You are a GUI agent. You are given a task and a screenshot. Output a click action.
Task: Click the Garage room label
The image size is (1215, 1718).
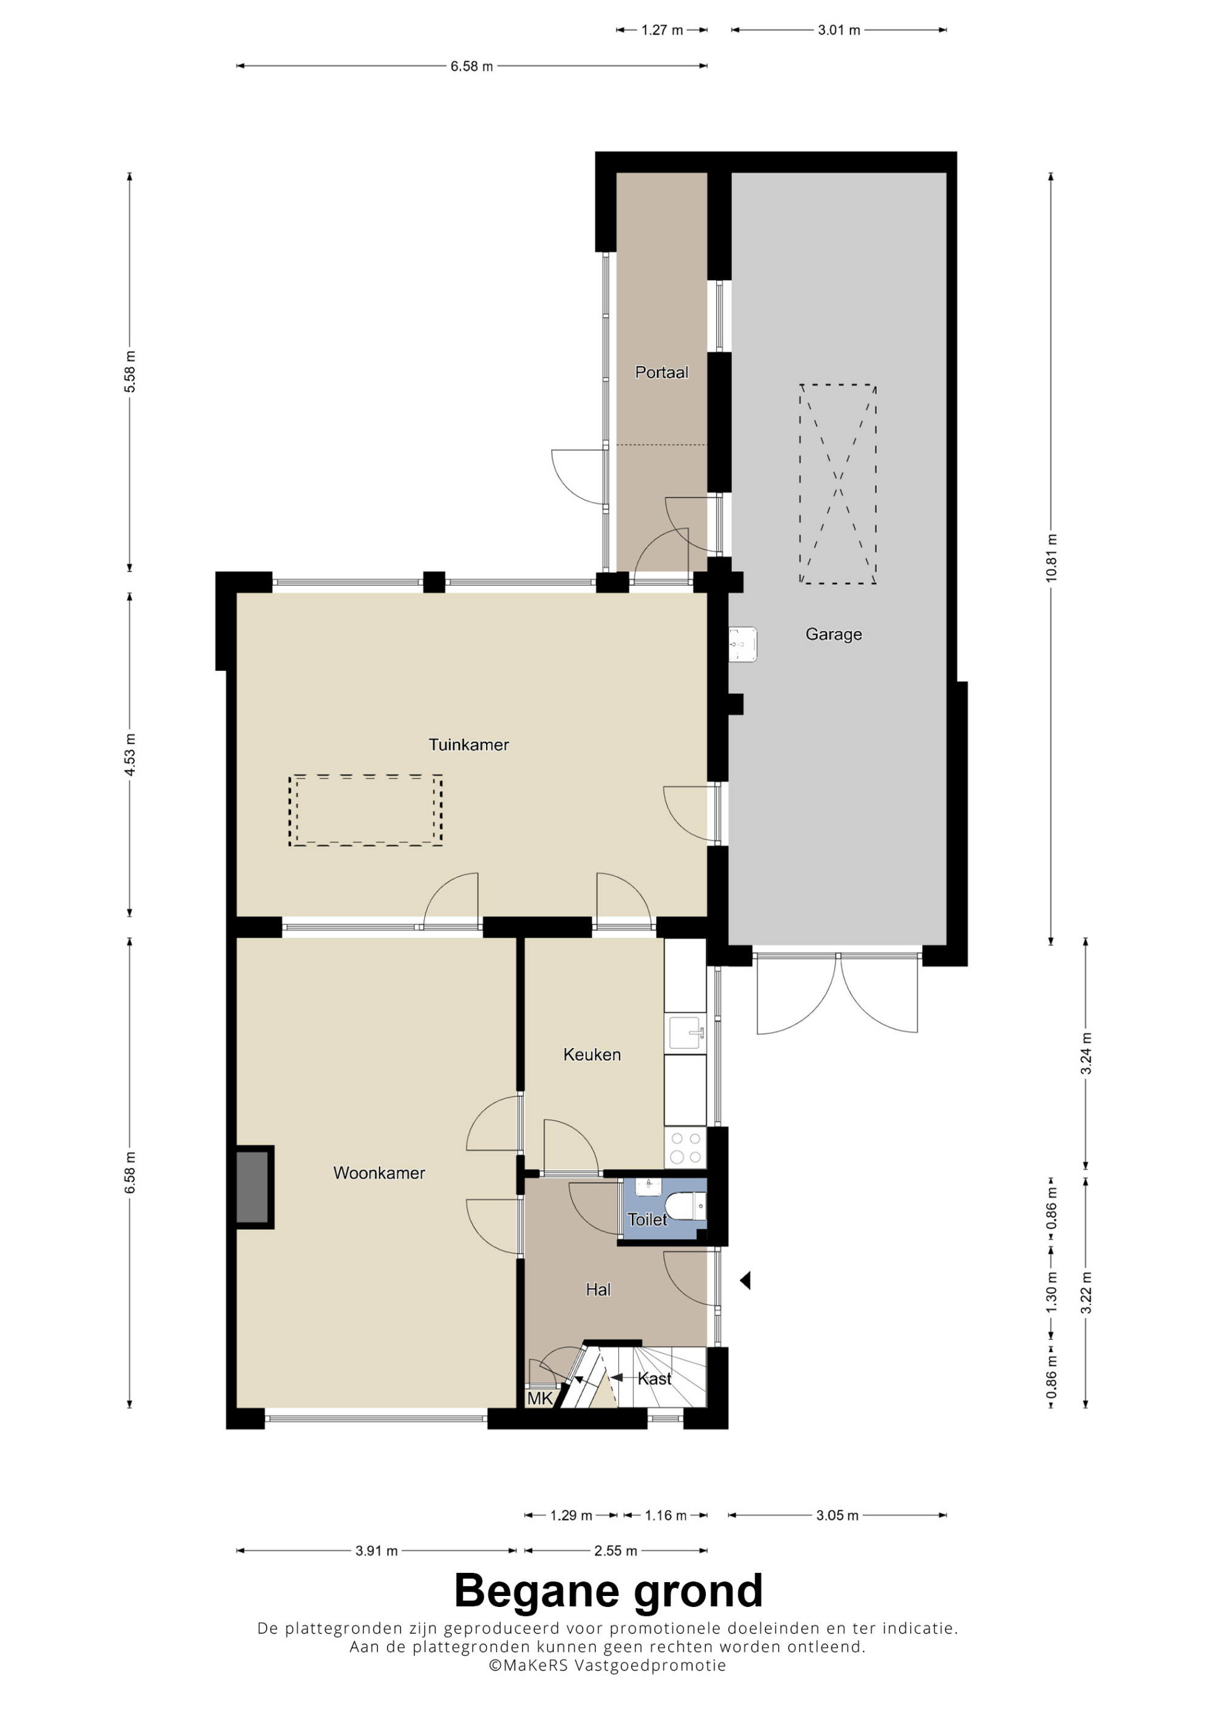(833, 634)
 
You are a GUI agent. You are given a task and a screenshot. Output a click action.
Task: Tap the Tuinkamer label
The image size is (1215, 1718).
(468, 744)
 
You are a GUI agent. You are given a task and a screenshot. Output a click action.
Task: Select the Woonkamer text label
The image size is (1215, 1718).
(379, 1172)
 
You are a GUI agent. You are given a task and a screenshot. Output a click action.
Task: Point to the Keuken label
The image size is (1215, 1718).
(592, 1054)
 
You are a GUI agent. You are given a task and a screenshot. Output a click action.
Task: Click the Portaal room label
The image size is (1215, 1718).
(662, 372)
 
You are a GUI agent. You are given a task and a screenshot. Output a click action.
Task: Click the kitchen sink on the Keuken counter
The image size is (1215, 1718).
(686, 1033)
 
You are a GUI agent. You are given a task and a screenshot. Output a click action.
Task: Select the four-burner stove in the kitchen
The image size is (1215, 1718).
(686, 1148)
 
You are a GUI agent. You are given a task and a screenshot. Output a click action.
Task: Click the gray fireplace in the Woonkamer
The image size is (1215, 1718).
(253, 1187)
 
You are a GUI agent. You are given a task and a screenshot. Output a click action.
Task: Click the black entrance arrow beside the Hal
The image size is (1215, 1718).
(745, 1280)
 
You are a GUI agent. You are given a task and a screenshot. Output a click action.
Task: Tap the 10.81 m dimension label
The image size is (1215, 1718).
(1052, 559)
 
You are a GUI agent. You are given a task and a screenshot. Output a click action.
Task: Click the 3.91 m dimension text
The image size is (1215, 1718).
(377, 1551)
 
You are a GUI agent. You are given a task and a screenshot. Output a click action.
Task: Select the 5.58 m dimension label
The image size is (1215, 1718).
(130, 372)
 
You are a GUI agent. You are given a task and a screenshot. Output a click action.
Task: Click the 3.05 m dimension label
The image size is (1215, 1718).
(837, 1515)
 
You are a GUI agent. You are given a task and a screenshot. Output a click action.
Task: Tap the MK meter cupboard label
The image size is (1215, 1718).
(539, 1399)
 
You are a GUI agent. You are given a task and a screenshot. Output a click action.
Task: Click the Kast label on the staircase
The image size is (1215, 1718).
(654, 1378)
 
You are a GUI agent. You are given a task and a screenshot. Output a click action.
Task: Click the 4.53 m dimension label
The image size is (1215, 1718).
(130, 754)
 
